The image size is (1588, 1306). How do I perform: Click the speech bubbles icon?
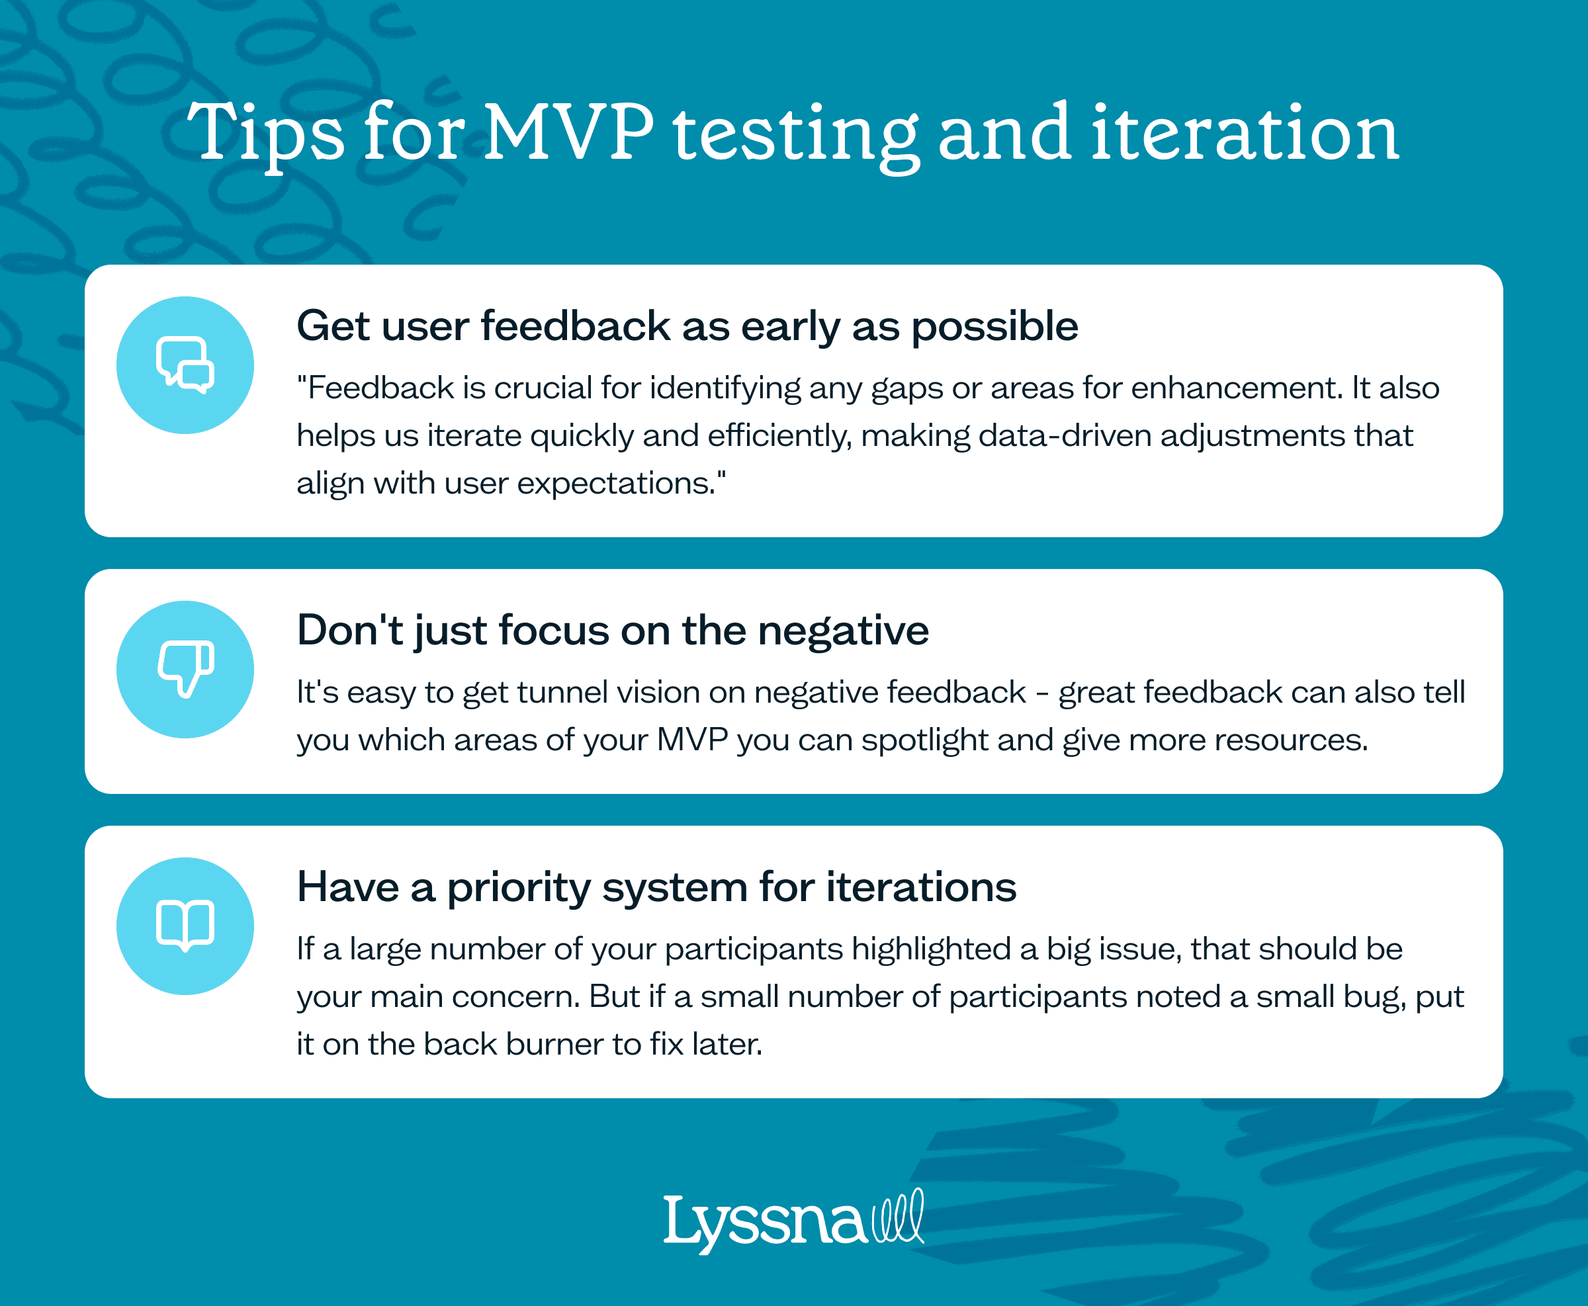[185, 365]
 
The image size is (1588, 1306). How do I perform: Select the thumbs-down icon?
[185, 669]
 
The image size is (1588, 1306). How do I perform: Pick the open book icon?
[185, 926]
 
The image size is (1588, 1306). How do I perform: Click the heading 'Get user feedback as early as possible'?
[687, 327]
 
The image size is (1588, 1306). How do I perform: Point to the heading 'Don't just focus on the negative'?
[612, 631]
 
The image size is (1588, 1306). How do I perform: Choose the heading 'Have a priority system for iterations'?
[656, 887]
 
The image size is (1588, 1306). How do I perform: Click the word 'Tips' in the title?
[265, 134]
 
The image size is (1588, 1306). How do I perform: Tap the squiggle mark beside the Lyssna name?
[897, 1216]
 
